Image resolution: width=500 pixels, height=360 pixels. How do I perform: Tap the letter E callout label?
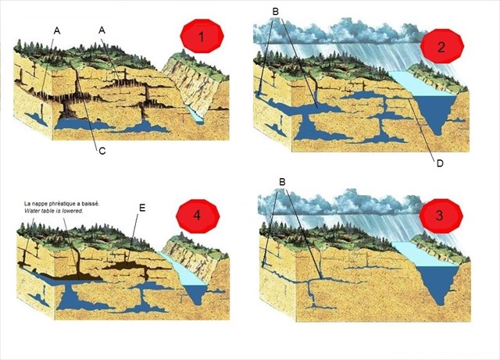pyautogui.click(x=141, y=209)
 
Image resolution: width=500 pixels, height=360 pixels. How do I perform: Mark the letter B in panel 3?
pyautogui.click(x=282, y=182)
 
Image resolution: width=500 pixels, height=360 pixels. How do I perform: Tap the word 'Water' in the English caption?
pyautogui.click(x=34, y=211)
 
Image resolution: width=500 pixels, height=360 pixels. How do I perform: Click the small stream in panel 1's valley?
pyautogui.click(x=196, y=114)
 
